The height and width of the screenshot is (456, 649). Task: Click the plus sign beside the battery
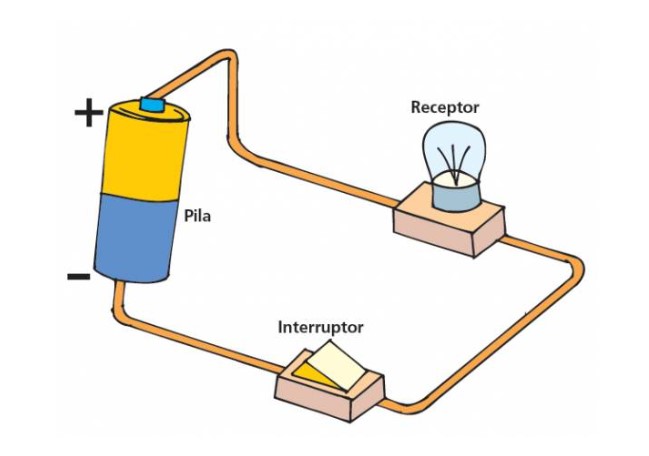point(89,113)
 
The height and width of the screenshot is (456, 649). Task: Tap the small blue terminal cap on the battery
point(152,104)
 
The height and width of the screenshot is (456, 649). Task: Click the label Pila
point(199,215)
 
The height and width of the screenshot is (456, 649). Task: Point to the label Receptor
point(445,107)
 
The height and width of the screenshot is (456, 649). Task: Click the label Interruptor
point(320,327)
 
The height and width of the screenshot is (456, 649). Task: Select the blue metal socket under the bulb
point(455,194)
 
